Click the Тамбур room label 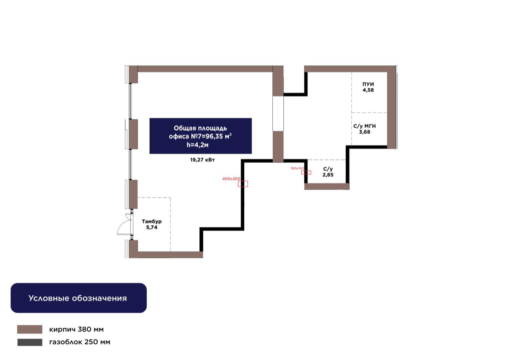click(x=151, y=221)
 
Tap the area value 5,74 click(x=151, y=227)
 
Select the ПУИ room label click(x=368, y=84)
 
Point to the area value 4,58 click(x=368, y=90)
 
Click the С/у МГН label click(x=364, y=126)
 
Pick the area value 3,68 click(x=364, y=132)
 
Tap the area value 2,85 click(x=328, y=174)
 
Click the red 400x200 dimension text click(x=231, y=179)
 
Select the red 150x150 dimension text click(x=297, y=168)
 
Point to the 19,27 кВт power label click(x=202, y=160)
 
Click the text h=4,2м click(x=198, y=145)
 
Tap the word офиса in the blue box click(x=179, y=137)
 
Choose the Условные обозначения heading click(x=78, y=298)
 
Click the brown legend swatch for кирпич click(x=30, y=329)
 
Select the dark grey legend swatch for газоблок click(x=30, y=342)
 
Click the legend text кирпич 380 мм click(x=76, y=329)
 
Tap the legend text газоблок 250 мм click(x=80, y=342)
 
